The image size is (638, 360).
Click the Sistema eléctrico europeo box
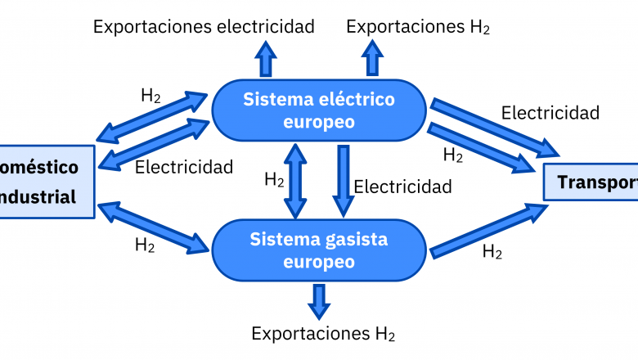click(x=318, y=110)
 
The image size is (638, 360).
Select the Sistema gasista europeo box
click(x=318, y=250)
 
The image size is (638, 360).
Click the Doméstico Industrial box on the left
click(x=45, y=182)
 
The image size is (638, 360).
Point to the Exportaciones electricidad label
click(x=204, y=26)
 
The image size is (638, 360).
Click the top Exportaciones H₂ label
click(x=418, y=26)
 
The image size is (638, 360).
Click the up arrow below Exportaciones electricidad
click(x=265, y=59)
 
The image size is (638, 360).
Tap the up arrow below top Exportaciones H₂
click(x=372, y=59)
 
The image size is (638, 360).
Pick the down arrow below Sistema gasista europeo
click(x=319, y=300)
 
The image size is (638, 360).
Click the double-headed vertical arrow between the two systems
click(x=295, y=181)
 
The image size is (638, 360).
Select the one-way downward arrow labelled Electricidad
click(x=343, y=181)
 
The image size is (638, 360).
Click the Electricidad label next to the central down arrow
click(x=402, y=187)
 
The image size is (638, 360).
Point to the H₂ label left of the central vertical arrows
click(x=274, y=180)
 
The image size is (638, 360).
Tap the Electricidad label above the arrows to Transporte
click(x=550, y=113)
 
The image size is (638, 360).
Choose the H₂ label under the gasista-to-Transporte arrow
click(x=492, y=252)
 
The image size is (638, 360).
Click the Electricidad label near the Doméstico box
click(x=184, y=167)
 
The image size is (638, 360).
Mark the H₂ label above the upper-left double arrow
click(x=151, y=95)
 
